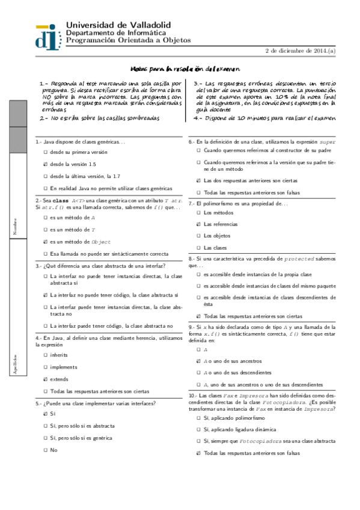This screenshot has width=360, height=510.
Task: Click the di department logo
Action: (x=49, y=35)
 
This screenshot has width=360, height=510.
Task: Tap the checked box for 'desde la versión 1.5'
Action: (x=46, y=164)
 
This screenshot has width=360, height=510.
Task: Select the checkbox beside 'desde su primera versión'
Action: (x=46, y=153)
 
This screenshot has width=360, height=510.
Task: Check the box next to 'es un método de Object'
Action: (x=46, y=242)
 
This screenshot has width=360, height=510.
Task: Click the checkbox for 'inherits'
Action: (x=46, y=355)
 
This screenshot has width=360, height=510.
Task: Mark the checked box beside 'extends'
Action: (x=46, y=379)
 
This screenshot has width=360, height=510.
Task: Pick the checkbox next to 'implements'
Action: (x=46, y=367)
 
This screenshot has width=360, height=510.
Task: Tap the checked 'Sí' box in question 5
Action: (x=46, y=414)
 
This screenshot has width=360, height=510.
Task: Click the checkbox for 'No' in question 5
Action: (x=46, y=450)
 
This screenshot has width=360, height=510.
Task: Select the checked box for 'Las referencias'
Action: (x=199, y=224)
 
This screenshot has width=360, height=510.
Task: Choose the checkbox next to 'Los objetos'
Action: (x=199, y=236)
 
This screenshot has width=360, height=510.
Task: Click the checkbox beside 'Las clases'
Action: (x=199, y=248)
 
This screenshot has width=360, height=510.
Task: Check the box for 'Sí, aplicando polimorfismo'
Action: (x=199, y=417)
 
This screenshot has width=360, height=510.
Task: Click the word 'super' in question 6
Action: (x=328, y=142)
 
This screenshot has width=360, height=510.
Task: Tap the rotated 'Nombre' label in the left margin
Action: (x=15, y=226)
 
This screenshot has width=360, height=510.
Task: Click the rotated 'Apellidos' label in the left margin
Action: (x=15, y=364)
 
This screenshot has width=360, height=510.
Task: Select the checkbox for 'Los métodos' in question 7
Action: (x=199, y=212)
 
